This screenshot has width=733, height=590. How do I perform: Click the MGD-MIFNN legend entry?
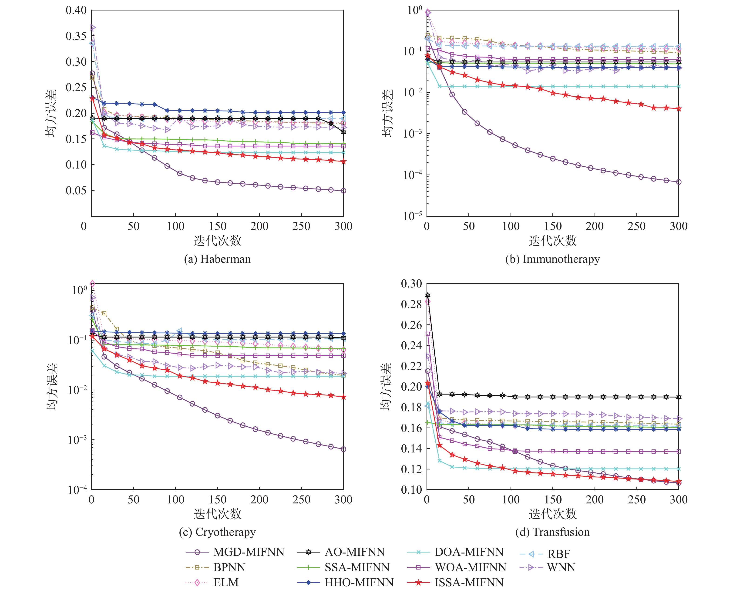(x=249, y=552)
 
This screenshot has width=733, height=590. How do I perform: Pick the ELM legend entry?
(x=226, y=582)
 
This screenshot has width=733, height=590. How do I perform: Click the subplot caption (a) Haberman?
(x=217, y=259)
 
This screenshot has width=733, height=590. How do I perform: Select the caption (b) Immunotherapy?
(x=552, y=259)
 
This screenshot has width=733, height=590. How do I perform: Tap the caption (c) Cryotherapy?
(x=217, y=532)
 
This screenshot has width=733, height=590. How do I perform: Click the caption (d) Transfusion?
(x=552, y=532)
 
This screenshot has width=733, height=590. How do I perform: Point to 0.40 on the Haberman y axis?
(x=76, y=10)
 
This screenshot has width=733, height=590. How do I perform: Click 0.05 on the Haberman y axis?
(x=76, y=190)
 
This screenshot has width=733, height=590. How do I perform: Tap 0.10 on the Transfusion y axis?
(x=411, y=490)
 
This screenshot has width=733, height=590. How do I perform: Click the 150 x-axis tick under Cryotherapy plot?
(x=218, y=499)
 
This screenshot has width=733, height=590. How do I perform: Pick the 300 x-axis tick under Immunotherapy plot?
(x=679, y=226)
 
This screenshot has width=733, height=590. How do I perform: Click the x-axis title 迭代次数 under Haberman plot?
(x=217, y=241)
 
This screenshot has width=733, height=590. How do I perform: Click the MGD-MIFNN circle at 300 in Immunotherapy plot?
(x=679, y=182)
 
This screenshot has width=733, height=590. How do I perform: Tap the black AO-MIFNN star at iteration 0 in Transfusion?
(x=428, y=295)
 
